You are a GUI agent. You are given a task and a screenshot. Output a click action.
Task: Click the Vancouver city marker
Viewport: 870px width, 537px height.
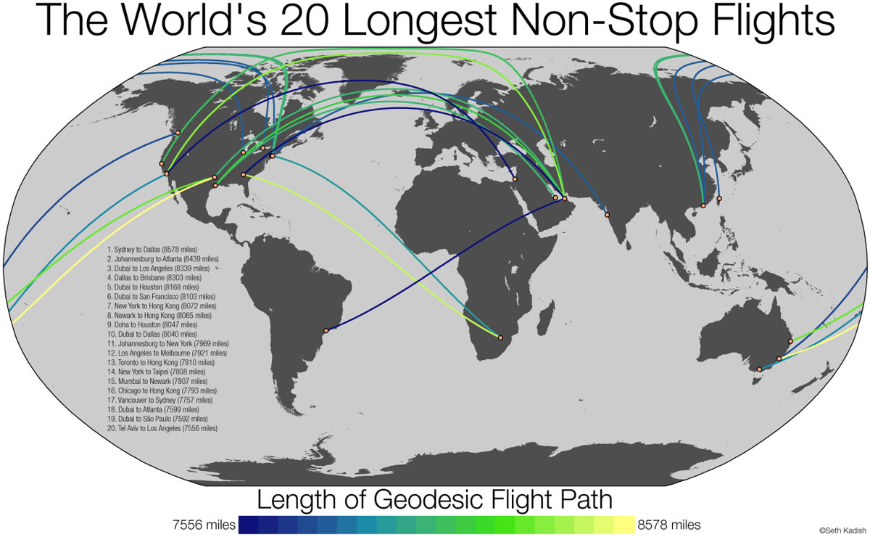coord(178,133)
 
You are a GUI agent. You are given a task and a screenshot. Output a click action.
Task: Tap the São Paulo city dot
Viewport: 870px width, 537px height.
coord(326,331)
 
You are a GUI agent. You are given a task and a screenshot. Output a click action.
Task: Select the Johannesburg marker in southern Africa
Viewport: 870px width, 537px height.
coord(500,336)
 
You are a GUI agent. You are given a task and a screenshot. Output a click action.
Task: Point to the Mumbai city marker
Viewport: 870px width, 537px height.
coord(607,215)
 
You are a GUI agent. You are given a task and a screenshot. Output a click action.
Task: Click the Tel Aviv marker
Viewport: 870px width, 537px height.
coord(514,179)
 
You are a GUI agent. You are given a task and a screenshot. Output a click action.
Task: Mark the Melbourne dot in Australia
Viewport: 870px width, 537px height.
coord(759,369)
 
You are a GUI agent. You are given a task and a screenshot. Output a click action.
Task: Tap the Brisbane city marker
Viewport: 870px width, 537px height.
coord(790,341)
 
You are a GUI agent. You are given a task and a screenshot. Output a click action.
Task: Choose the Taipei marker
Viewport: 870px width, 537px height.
coord(719,198)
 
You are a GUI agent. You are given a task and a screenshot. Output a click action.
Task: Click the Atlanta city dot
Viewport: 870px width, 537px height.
coord(244,175)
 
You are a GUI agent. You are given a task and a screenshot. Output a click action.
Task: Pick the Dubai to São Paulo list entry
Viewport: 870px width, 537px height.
coord(157,419)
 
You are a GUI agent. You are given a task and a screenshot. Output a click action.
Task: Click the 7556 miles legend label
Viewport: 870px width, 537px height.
coord(203,524)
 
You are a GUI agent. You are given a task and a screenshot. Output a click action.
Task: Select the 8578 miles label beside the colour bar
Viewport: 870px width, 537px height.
coord(669,524)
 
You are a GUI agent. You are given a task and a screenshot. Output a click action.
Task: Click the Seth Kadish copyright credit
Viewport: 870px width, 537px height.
coord(843,530)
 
